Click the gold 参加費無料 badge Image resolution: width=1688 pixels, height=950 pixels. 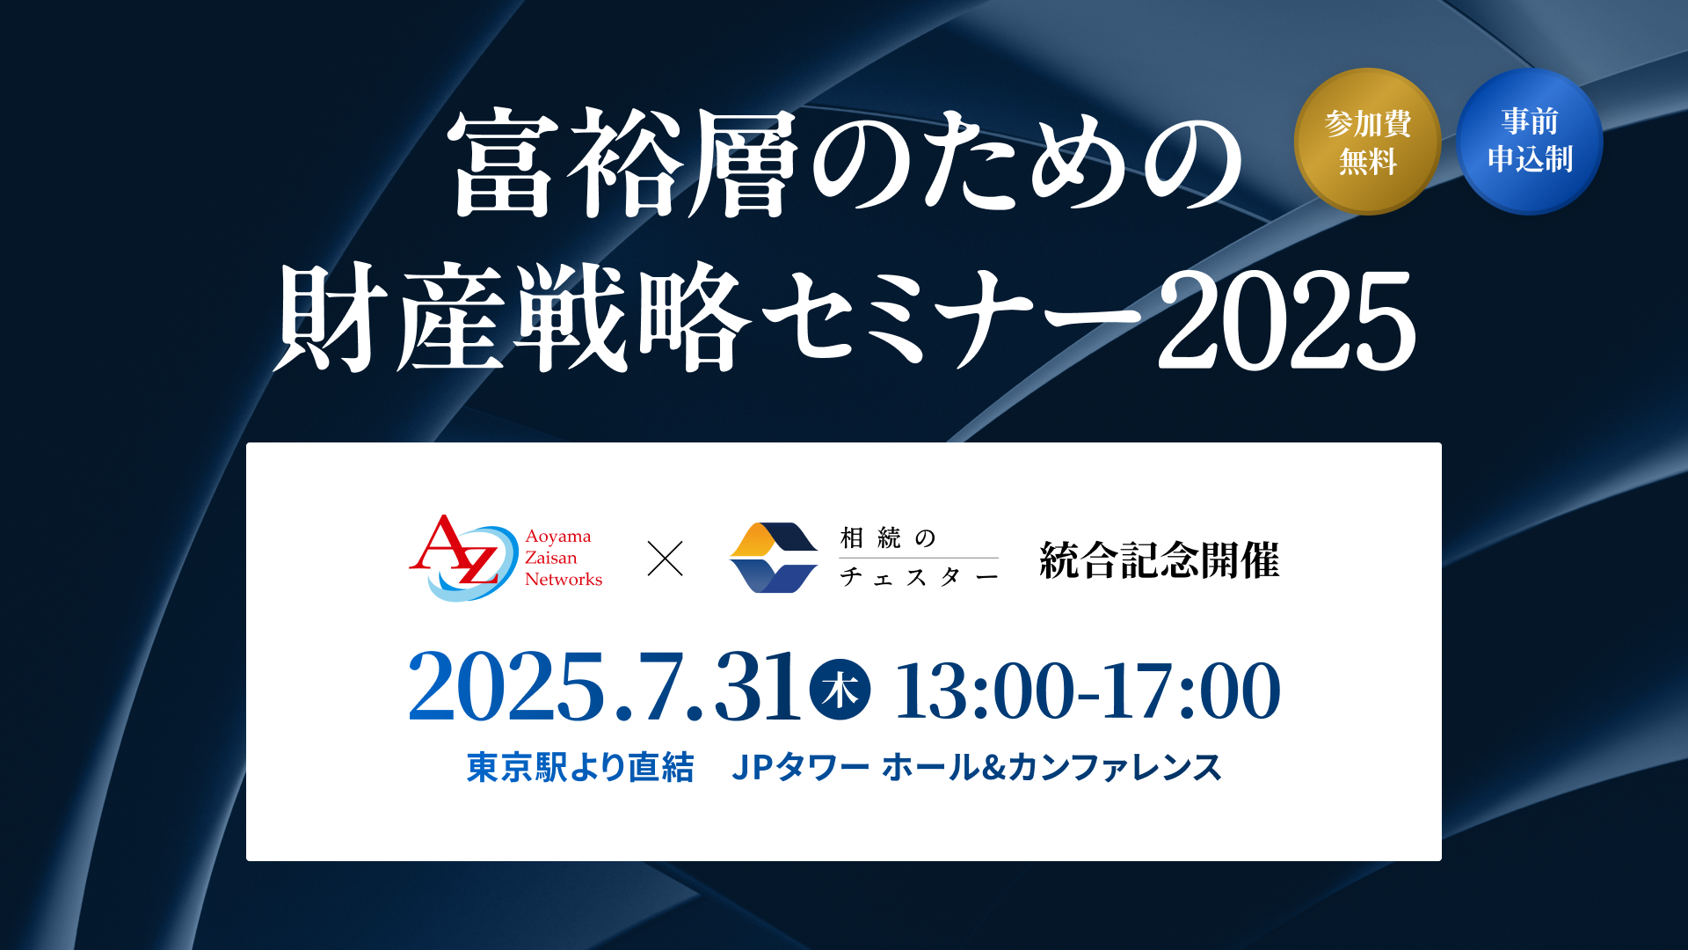coord(1367,142)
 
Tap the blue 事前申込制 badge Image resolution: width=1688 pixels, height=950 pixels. coord(1530,142)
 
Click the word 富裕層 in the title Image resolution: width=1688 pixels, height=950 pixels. coord(622,164)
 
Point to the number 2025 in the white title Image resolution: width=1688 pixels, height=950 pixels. coord(1286,321)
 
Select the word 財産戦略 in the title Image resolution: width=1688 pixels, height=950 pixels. coord(513,318)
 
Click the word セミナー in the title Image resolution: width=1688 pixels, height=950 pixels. coord(953,318)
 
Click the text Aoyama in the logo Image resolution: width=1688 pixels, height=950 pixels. coord(558,537)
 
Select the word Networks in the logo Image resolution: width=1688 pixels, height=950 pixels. coord(564,579)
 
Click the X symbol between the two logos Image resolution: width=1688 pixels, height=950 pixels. coord(666,559)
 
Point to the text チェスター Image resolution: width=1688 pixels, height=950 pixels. coord(919,577)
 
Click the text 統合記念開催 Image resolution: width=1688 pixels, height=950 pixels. coord(1160,560)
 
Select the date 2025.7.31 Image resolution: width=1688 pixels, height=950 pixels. coord(604,687)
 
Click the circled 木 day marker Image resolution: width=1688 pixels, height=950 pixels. coord(840,690)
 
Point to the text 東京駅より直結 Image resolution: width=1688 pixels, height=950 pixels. coord(580,767)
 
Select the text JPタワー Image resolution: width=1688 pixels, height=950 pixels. coord(801,767)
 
